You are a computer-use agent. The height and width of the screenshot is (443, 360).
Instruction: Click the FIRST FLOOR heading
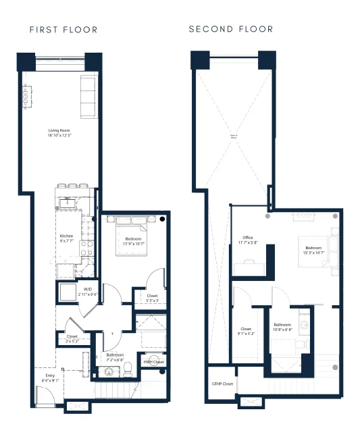63,30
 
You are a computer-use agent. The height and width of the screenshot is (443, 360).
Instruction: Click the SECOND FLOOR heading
231,29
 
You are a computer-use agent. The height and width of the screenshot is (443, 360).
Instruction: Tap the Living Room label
59,133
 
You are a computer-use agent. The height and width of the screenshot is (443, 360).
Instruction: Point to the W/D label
88,291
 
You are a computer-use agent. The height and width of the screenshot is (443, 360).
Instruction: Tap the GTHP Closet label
222,384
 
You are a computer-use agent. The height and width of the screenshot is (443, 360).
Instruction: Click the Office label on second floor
247,240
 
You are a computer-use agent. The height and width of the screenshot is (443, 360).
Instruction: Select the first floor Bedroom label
132,241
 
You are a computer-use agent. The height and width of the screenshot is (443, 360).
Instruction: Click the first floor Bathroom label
116,357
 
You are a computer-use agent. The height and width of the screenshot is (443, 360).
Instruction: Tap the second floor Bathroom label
282,327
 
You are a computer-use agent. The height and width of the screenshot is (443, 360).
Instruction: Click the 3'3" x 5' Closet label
152,297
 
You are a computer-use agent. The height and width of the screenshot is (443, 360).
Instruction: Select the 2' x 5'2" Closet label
72,338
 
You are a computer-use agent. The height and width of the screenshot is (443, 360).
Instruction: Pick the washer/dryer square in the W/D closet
68,292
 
